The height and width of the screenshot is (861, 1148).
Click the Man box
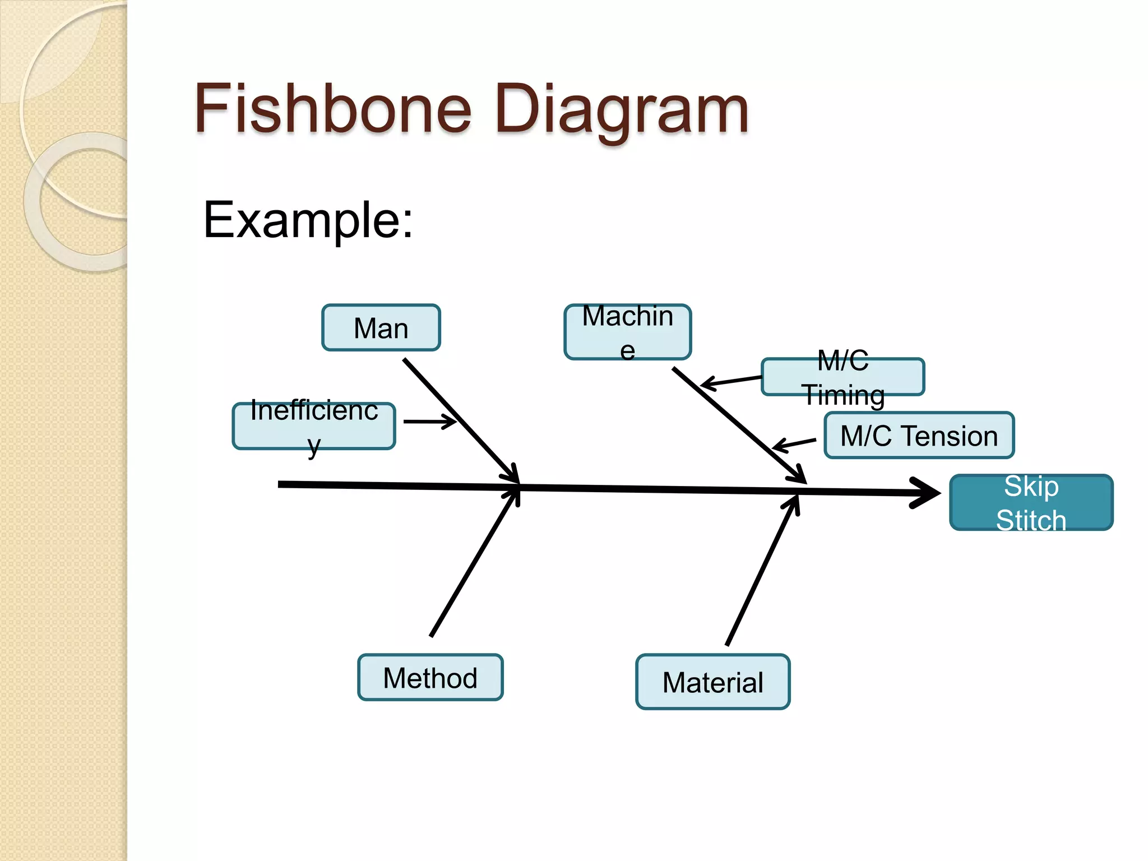[381, 328]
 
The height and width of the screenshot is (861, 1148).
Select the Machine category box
[627, 331]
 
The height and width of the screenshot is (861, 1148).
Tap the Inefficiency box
[314, 426]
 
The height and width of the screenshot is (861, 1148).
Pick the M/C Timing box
[843, 377]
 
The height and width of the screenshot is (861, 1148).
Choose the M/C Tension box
[919, 436]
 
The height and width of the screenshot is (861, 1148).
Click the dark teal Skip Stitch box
[1031, 502]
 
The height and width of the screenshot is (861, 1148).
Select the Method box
[430, 677]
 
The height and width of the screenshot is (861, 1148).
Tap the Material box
[712, 682]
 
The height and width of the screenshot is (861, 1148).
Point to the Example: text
[308, 220]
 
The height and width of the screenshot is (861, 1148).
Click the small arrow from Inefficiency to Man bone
[429, 422]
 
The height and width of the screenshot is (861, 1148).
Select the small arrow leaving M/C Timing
[731, 381]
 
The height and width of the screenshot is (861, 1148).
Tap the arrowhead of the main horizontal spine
[928, 493]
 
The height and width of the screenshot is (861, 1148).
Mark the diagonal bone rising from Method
[474, 563]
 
